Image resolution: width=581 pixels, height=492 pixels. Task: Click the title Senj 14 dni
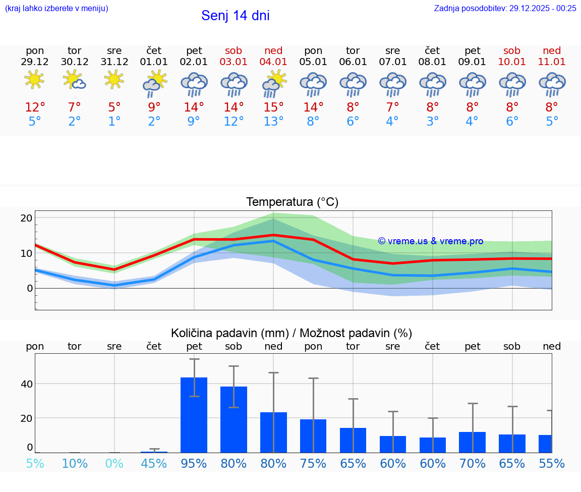click(235, 16)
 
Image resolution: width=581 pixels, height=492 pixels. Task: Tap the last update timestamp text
click(505, 8)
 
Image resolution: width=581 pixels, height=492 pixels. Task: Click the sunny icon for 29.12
click(34, 80)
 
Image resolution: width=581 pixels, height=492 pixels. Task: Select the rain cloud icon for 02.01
click(194, 84)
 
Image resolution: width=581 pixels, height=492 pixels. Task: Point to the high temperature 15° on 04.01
click(273, 107)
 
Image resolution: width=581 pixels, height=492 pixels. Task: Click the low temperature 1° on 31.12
click(114, 122)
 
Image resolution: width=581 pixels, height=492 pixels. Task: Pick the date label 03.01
click(234, 62)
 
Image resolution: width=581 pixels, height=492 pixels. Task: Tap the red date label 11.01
click(552, 62)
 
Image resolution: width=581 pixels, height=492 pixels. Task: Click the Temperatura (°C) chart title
click(292, 202)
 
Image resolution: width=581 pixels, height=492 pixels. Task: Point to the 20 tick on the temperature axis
click(26, 218)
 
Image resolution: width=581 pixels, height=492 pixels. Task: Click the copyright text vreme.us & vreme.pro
click(430, 241)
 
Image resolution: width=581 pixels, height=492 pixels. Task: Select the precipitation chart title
click(292, 333)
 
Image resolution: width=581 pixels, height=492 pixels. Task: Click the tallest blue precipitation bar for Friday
click(194, 415)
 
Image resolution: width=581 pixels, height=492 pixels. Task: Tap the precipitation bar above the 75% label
click(313, 435)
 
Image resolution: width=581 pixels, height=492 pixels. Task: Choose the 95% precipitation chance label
click(194, 463)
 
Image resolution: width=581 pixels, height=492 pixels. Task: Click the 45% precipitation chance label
click(154, 463)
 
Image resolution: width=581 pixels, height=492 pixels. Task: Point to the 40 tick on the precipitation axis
click(26, 384)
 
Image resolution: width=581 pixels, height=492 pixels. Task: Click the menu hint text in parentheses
click(56, 8)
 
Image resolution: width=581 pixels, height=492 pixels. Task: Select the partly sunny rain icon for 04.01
click(273, 84)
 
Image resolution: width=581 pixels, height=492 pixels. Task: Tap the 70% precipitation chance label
click(472, 463)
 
